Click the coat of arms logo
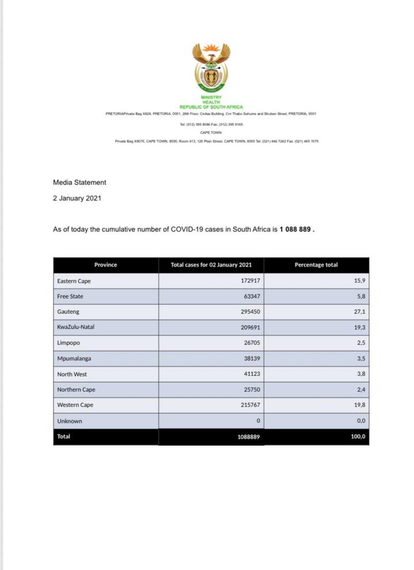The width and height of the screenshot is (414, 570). click(x=211, y=68)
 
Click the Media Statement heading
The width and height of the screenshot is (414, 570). click(x=79, y=182)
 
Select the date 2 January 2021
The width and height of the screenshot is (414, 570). click(x=77, y=198)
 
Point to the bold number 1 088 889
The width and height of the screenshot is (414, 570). click(x=296, y=229)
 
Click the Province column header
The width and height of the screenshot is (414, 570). click(x=105, y=265)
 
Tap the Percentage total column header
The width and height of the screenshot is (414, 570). click(x=316, y=265)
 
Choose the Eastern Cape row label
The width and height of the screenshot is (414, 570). click(x=74, y=281)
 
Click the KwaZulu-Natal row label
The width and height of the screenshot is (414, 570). click(x=76, y=327)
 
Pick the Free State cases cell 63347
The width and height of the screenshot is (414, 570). click(x=250, y=296)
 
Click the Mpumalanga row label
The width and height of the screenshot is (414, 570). click(x=74, y=358)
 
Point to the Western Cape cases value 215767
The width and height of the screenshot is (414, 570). click(x=248, y=405)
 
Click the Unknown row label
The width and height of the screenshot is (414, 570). click(x=70, y=421)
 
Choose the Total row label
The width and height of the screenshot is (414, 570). click(x=63, y=437)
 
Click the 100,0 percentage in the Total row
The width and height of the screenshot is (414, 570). click(x=358, y=437)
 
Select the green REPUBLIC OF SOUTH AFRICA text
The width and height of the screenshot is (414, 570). click(x=211, y=107)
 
